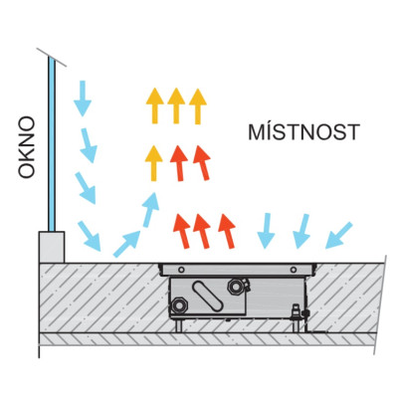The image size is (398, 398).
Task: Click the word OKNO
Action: tap(26, 147)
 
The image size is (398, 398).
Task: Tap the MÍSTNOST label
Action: tap(303, 131)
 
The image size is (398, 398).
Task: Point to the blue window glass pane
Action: tap(51, 143)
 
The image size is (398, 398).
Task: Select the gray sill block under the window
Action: tap(52, 247)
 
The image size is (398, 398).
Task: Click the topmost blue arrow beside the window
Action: tap(82, 99)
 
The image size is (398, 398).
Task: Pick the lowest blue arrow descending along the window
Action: tap(90, 236)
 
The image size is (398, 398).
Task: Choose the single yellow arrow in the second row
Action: tap(153, 163)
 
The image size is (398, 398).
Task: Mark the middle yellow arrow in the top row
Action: tap(176, 105)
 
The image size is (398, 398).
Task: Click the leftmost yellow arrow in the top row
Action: tap(154, 105)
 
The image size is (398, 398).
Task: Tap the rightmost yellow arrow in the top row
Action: tap(198, 106)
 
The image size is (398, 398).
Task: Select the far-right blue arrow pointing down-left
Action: tap(338, 235)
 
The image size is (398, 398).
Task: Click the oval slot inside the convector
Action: tap(208, 297)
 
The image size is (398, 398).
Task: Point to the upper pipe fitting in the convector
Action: tap(236, 287)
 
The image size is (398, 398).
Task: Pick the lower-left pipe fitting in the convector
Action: tap(179, 305)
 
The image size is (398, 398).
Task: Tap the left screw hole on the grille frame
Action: tap(181, 270)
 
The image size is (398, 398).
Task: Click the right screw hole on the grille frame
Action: tap(294, 270)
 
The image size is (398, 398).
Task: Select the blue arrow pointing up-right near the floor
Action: tap(127, 244)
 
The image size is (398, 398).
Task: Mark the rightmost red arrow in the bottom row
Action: tap(227, 231)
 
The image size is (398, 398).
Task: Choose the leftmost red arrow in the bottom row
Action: tap(182, 231)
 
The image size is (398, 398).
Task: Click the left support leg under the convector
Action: tap(179, 325)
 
